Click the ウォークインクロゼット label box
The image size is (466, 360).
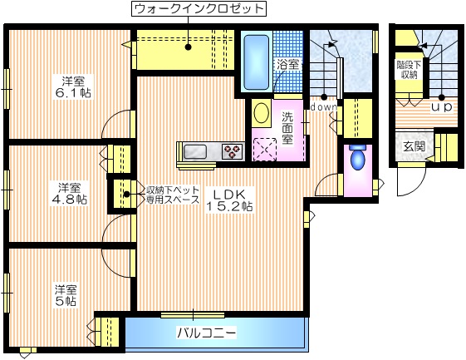pos(199,10)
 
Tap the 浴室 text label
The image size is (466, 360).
pos(287,62)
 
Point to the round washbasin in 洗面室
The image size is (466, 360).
pos(259,112)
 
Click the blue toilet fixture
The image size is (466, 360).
pos(357,157)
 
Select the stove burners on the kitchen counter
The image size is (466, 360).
pos(232,150)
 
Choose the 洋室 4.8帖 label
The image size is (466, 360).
pos(68,193)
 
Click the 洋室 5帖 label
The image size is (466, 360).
pos(66,295)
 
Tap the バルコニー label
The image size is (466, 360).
pos(206,334)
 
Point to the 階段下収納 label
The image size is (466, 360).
pos(407,69)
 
